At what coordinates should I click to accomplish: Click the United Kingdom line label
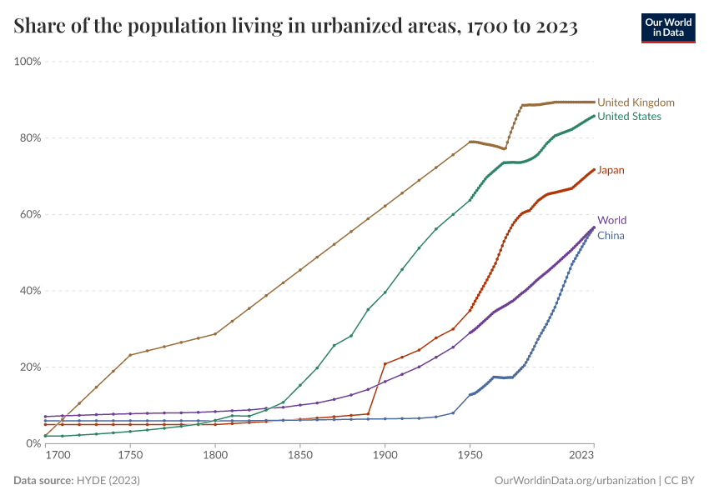click(636, 102)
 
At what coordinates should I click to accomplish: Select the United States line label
click(629, 117)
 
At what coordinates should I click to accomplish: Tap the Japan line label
click(611, 170)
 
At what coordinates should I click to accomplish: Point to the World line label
click(611, 221)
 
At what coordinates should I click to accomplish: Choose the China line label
click(611, 235)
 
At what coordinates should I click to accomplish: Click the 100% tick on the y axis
click(28, 62)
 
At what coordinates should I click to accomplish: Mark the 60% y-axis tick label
click(31, 214)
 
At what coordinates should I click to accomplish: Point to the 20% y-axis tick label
click(31, 367)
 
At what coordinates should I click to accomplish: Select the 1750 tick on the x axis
click(130, 457)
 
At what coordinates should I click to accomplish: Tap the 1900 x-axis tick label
click(385, 457)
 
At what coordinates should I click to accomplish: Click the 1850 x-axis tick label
click(300, 457)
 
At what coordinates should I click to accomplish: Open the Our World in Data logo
click(667, 27)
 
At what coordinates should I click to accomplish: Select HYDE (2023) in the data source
click(108, 481)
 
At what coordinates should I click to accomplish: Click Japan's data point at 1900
click(385, 364)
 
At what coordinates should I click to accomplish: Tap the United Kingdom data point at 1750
click(130, 355)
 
